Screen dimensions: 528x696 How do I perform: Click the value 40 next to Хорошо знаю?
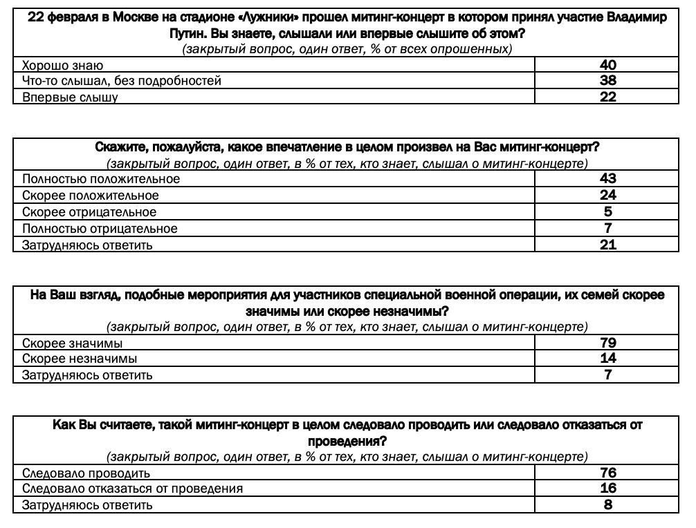607,66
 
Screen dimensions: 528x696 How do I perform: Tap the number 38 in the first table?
607,81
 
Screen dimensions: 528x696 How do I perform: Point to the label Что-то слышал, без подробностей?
122,82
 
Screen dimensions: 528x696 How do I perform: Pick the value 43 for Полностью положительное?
607,179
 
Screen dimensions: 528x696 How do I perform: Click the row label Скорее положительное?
91,196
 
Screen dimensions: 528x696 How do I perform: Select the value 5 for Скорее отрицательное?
607,211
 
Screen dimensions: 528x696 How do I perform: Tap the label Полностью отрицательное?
100,229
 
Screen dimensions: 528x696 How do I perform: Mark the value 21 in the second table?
607,245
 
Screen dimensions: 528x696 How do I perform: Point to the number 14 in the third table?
607,359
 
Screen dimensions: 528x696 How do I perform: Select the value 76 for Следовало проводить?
607,473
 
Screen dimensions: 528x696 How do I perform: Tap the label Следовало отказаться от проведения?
133,489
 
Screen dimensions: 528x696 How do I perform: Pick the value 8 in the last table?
607,505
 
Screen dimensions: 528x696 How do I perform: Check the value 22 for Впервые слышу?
607,97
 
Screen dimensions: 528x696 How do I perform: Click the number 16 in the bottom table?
607,489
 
